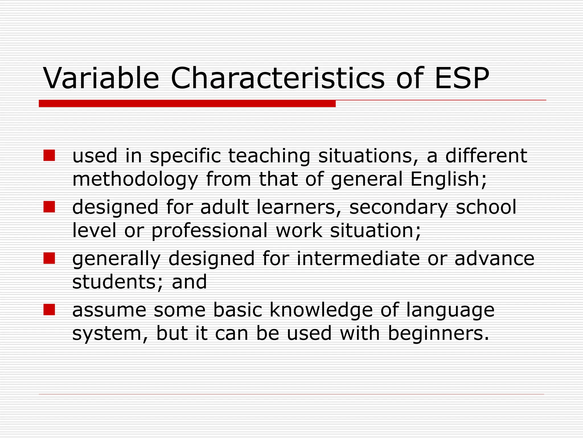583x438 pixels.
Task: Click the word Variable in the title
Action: (x=101, y=78)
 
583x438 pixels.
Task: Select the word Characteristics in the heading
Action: (x=278, y=78)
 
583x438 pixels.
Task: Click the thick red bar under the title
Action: (x=187, y=104)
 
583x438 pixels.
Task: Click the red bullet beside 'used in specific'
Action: (x=49, y=156)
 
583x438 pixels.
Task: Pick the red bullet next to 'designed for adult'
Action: (x=49, y=207)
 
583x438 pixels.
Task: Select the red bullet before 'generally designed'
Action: (x=49, y=258)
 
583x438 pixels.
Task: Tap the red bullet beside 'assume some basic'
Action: (x=49, y=310)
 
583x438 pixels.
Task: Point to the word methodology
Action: (x=135, y=180)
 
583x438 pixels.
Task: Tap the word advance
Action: (x=494, y=258)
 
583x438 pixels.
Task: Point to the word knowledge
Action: (x=321, y=310)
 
